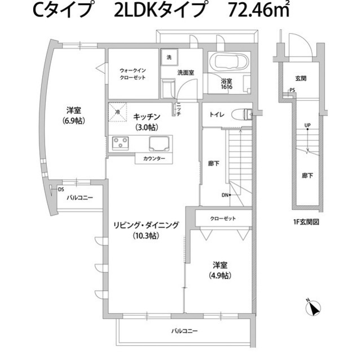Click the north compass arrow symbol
(314, 308)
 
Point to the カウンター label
(154, 159)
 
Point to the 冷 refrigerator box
(117, 113)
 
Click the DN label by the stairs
(224, 195)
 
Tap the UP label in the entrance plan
(307, 126)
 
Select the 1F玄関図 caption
(306, 222)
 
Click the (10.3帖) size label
(146, 235)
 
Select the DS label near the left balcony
(60, 190)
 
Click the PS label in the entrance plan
(292, 90)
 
